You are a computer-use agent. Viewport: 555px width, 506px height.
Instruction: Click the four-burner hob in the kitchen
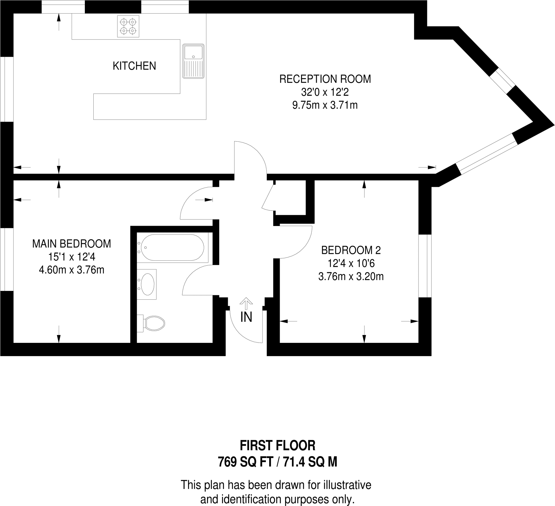pyautogui.click(x=128, y=27)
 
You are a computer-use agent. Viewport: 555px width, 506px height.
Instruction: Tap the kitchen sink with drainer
pyautogui.click(x=193, y=61)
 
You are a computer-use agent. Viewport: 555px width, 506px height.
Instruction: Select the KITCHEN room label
pyautogui.click(x=134, y=66)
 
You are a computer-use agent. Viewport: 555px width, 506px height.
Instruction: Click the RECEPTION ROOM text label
pyautogui.click(x=325, y=79)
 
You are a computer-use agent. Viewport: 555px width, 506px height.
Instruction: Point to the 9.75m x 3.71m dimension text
pyautogui.click(x=325, y=105)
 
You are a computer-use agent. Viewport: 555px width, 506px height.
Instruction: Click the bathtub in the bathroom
pyautogui.click(x=171, y=248)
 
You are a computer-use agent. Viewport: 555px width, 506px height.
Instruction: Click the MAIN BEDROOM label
pyautogui.click(x=71, y=244)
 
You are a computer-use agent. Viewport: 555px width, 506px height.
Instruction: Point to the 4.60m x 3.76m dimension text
pyautogui.click(x=71, y=270)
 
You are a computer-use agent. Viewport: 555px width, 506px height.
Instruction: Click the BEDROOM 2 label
pyautogui.click(x=351, y=250)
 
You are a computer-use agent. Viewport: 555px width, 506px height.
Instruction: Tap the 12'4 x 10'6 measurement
pyautogui.click(x=351, y=263)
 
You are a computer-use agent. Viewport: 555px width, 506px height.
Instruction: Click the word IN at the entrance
pyautogui.click(x=246, y=317)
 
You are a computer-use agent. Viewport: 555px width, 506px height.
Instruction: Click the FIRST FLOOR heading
pyautogui.click(x=277, y=445)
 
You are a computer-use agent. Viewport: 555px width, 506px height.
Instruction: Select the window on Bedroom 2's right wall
pyautogui.click(x=425, y=266)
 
